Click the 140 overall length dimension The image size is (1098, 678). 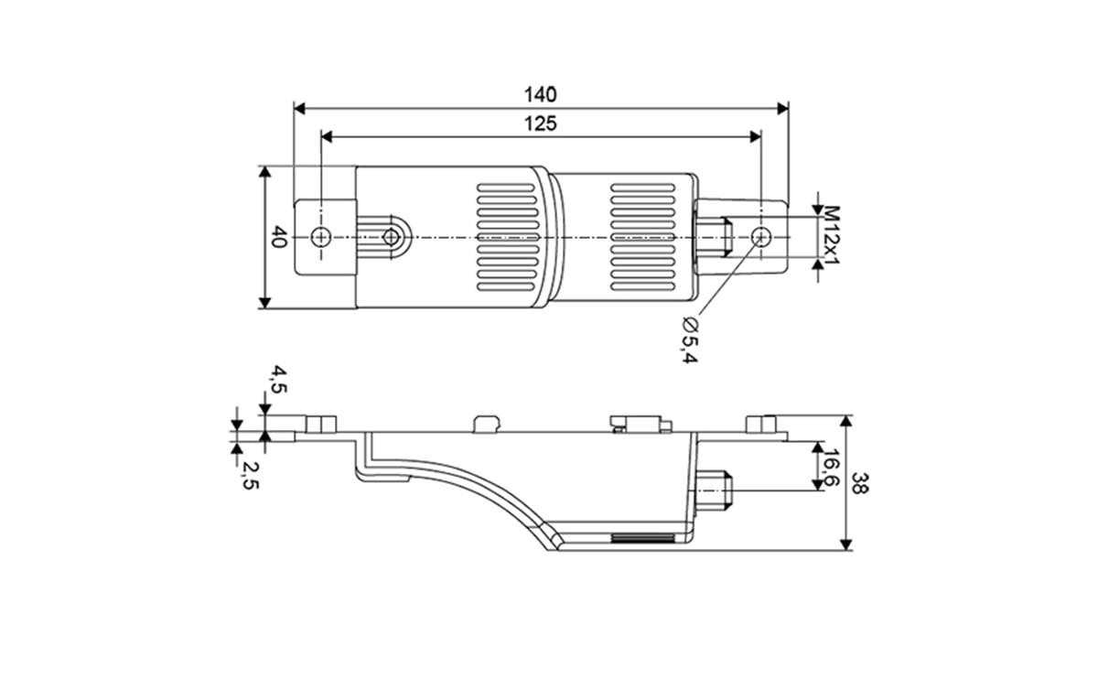[540, 94]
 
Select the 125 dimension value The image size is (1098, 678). [540, 124]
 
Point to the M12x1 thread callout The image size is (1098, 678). [831, 236]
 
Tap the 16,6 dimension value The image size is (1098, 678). [831, 468]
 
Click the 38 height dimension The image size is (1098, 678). [860, 483]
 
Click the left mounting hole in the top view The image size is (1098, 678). [319, 237]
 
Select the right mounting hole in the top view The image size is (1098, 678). [759, 237]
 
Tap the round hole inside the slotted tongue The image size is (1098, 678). [391, 237]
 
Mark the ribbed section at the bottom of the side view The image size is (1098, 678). [645, 538]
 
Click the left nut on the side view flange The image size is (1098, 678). [318, 424]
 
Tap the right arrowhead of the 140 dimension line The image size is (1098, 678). [781, 108]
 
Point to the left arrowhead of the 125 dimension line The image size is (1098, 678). [328, 136]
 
